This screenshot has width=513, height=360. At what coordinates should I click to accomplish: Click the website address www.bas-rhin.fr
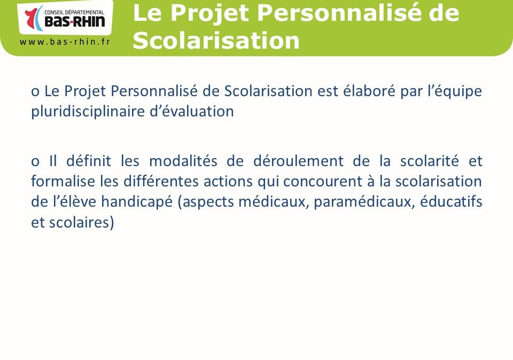click(x=65, y=42)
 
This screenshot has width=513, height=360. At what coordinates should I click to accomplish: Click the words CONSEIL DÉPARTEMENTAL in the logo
click(x=74, y=12)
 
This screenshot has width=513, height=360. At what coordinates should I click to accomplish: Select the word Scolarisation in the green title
click(x=216, y=41)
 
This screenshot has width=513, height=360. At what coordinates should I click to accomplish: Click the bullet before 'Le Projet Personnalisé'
click(x=35, y=92)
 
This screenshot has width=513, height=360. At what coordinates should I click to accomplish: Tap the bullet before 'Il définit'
click(x=35, y=161)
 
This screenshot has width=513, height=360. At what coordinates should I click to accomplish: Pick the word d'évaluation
click(x=192, y=111)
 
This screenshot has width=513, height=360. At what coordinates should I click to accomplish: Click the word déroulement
click(x=298, y=161)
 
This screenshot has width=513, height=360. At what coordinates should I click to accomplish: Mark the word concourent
click(x=322, y=182)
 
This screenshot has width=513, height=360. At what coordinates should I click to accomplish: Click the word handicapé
click(x=137, y=202)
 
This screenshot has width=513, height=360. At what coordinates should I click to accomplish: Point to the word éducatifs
click(x=451, y=201)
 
